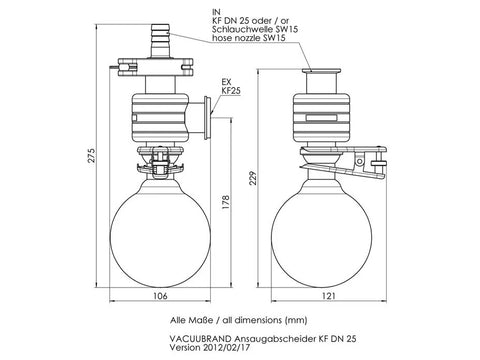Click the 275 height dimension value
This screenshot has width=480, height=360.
pyautogui.click(x=92, y=155)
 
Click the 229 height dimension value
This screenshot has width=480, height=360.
pyautogui.click(x=254, y=178)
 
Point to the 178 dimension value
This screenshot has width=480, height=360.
pyautogui.click(x=226, y=202)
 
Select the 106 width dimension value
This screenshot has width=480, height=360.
pyautogui.click(x=160, y=296)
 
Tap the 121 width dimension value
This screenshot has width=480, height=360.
pyautogui.click(x=329, y=296)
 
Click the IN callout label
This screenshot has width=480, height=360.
pyautogui.click(x=216, y=13)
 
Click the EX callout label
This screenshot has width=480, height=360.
pyautogui.click(x=227, y=82)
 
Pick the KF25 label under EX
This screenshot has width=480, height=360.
pyautogui.click(x=231, y=90)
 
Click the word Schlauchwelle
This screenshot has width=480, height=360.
pyautogui.click(x=241, y=29)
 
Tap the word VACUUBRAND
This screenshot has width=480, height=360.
pyautogui.click(x=200, y=339)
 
